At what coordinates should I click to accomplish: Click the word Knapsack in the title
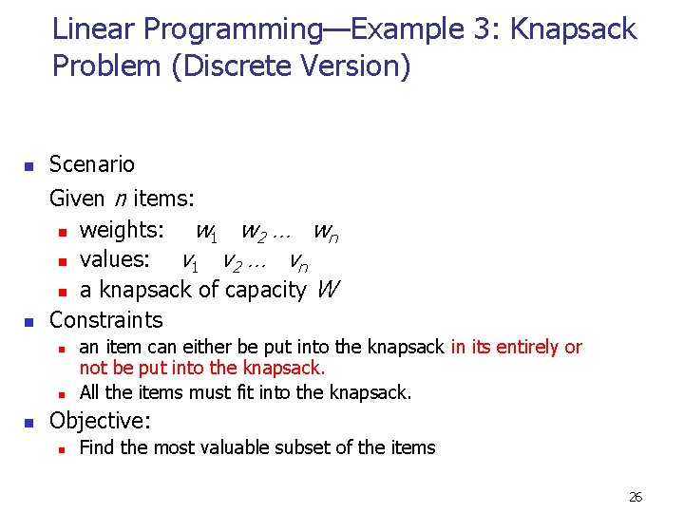[x=573, y=29]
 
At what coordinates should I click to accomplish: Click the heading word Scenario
[x=92, y=164]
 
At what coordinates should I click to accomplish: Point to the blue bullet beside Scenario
[x=28, y=167]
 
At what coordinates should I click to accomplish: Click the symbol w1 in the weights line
[x=208, y=231]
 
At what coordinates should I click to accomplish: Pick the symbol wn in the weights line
[x=326, y=231]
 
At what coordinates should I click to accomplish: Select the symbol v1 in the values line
[x=195, y=260]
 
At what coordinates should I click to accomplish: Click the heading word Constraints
[x=106, y=319]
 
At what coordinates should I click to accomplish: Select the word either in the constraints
[x=239, y=347]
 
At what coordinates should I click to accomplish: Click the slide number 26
[x=636, y=497]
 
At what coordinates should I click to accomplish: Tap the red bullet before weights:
[x=61, y=232]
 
